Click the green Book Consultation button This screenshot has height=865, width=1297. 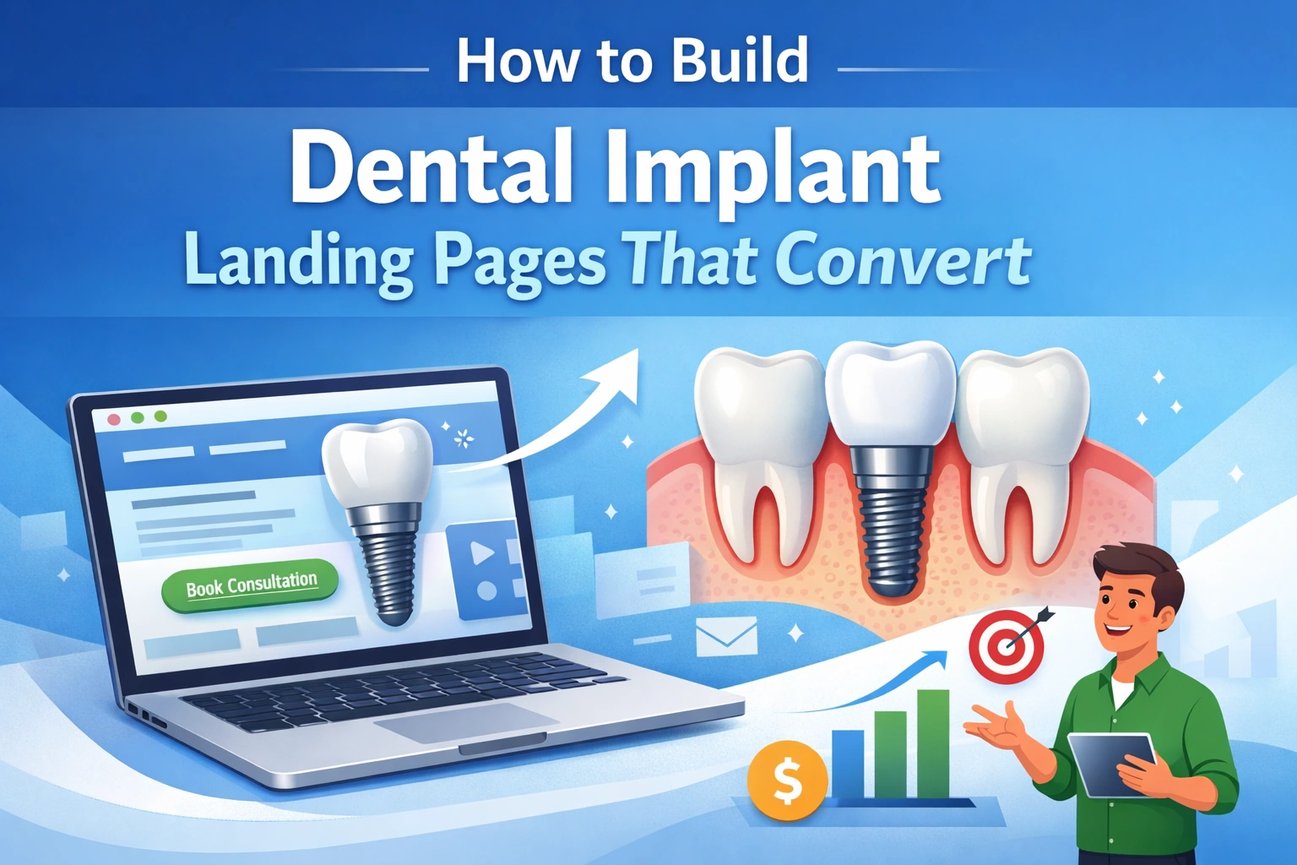[251, 585]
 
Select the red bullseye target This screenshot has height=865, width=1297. [1006, 647]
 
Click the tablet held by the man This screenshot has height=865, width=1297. [1111, 764]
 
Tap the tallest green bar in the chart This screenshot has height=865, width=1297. [933, 743]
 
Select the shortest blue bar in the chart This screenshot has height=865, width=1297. [848, 764]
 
